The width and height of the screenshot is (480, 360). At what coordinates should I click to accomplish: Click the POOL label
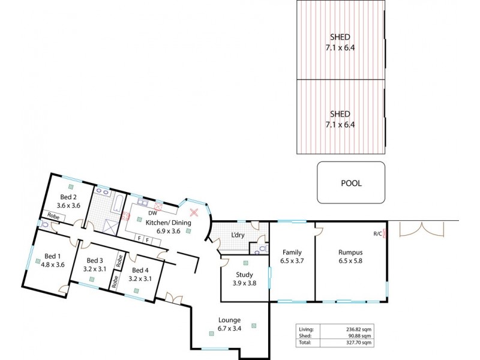coord(351,184)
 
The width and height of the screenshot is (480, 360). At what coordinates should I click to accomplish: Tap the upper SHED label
coord(340,35)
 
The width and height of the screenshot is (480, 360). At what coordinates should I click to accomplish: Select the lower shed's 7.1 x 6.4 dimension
coord(340,124)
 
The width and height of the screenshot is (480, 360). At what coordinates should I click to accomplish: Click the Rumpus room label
coord(350,252)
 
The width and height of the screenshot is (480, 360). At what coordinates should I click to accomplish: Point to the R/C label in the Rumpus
coord(377,233)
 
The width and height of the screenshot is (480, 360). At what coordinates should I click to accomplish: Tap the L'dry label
coord(238,235)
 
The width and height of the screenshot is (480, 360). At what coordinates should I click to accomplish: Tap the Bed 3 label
coord(95,260)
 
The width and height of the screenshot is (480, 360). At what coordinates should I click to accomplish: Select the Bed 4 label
coord(141,269)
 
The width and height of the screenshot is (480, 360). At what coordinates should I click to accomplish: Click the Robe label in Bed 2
coord(53,215)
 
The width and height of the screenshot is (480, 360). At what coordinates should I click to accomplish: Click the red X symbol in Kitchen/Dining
coord(194,212)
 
